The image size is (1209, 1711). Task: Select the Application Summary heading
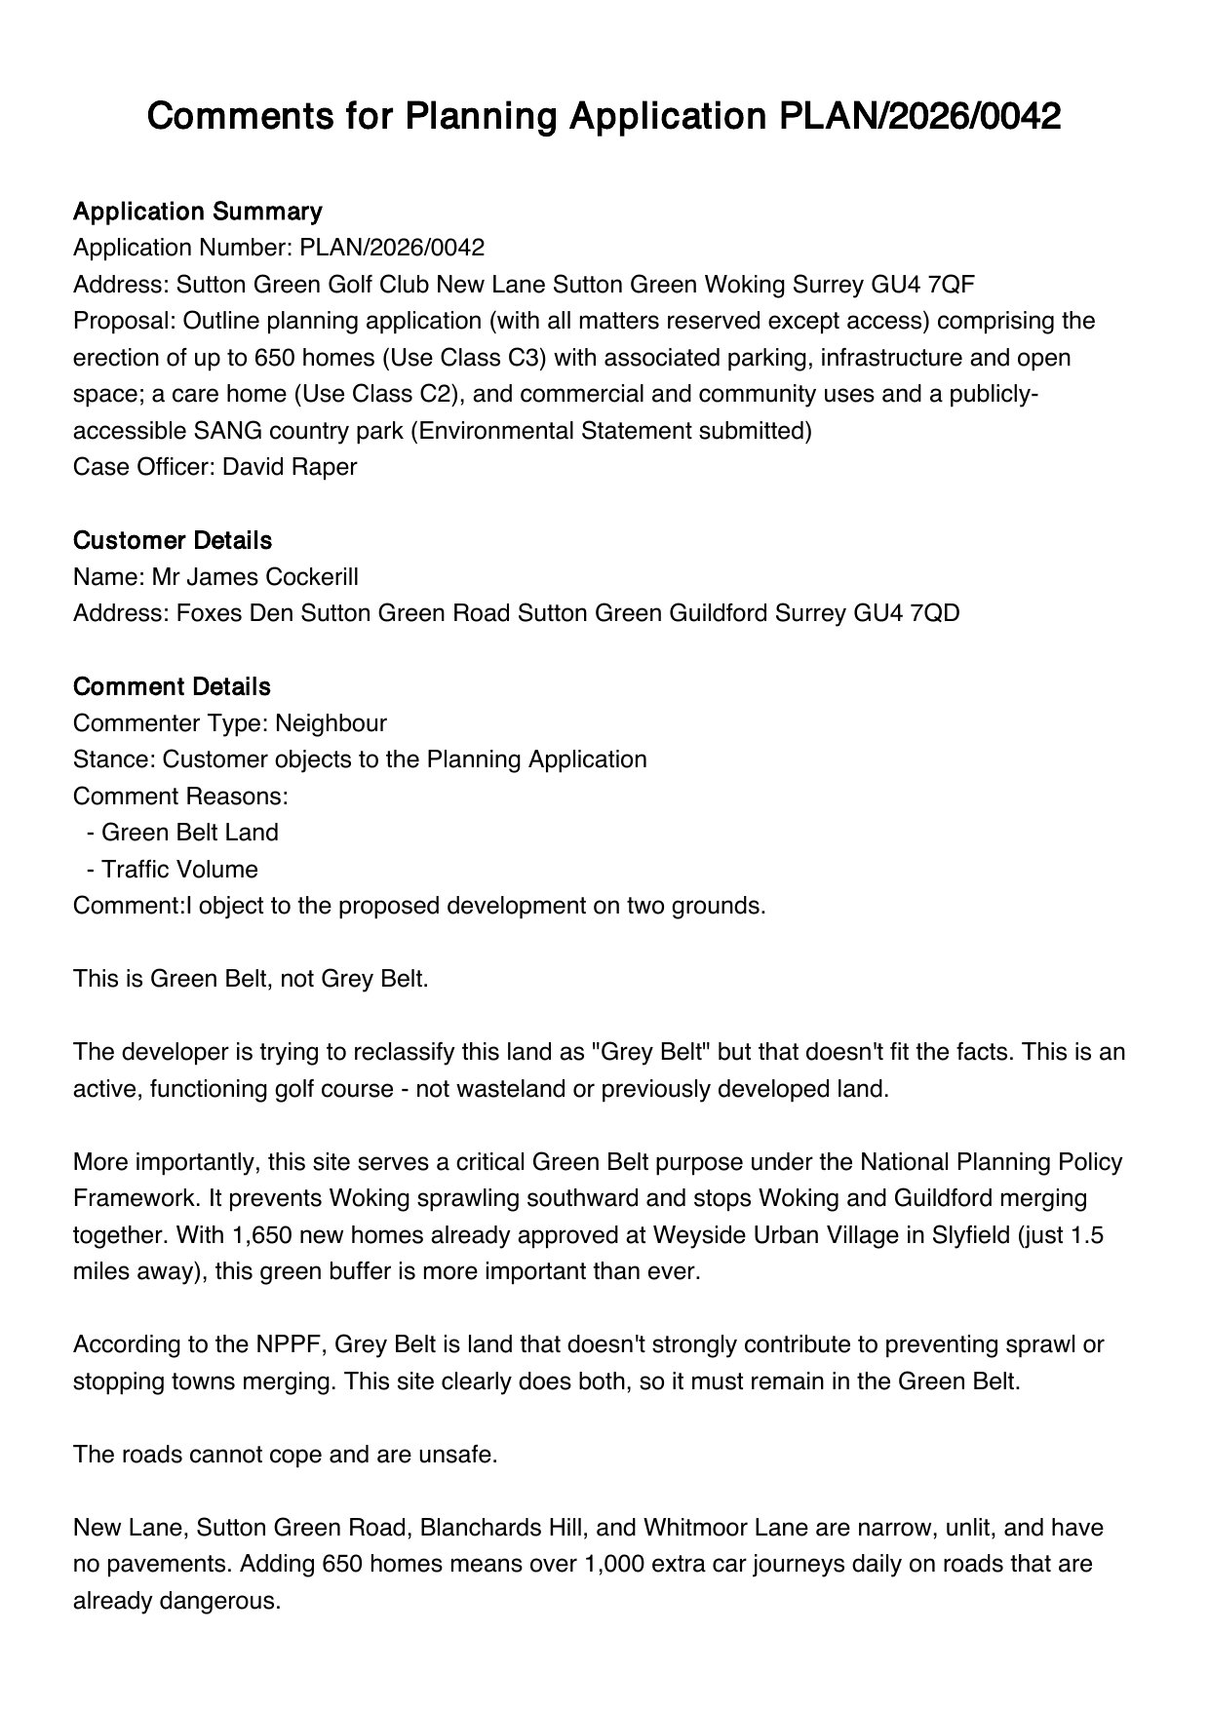pyautogui.click(x=197, y=212)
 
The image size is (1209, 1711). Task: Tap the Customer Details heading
pyautogui.click(x=173, y=540)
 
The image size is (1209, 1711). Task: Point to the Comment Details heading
pyautogui.click(x=172, y=686)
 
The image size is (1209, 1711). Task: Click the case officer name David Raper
pyautogui.click(x=290, y=467)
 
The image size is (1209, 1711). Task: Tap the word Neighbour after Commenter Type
pyautogui.click(x=331, y=723)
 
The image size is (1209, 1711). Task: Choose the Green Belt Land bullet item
pyautogui.click(x=189, y=833)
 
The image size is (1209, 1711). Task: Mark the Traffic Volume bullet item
pyautogui.click(x=179, y=870)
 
